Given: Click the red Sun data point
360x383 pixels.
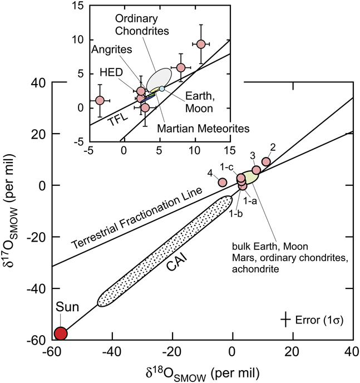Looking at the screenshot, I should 60,333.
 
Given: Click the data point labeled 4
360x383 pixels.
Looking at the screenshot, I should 223,182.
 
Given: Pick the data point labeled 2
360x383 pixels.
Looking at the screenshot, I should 266,161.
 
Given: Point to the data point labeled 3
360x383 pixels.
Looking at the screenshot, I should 256,170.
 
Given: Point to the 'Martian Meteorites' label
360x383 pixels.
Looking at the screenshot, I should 203,129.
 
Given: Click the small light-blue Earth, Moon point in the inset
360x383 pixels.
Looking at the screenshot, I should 162,89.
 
